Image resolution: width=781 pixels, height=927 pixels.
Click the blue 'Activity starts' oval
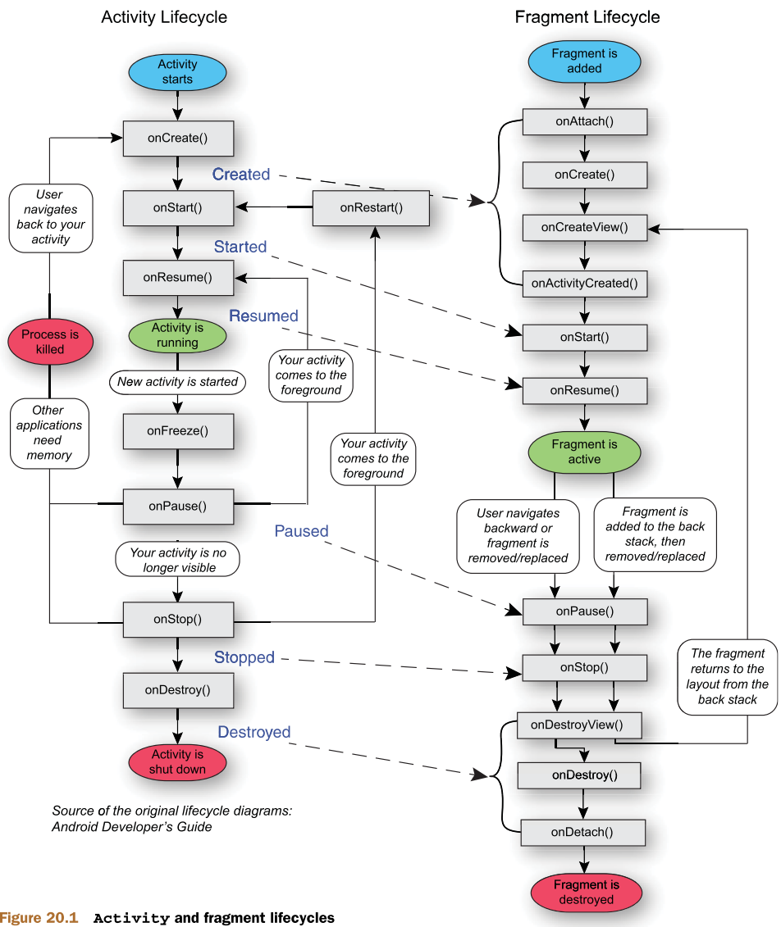coord(177,71)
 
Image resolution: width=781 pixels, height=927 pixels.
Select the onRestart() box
coord(372,207)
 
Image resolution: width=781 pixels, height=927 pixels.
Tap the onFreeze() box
coord(178,430)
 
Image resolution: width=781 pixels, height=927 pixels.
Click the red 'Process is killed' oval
coord(50,342)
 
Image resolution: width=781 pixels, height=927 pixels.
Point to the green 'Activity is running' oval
coord(177,335)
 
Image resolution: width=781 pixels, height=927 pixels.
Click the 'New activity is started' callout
coord(177,382)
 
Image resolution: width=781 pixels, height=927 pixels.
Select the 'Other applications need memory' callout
coord(49,433)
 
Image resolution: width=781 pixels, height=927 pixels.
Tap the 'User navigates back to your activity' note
coord(51,217)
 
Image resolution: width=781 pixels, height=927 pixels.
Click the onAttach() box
coord(585,121)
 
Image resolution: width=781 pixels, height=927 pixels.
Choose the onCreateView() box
coord(585,227)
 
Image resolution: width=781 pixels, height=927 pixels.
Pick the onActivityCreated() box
coord(585,284)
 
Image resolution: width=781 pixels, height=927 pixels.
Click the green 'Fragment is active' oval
coord(584,452)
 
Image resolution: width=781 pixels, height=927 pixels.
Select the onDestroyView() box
coord(578,725)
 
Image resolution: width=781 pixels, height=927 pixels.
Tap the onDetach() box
coord(582,832)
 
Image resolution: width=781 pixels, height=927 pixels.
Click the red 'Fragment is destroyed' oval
coord(586,892)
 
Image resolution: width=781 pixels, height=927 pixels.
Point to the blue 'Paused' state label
coord(301,531)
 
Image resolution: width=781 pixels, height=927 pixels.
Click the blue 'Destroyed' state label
coord(254,732)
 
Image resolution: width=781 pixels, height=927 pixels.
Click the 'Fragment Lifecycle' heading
coord(587,17)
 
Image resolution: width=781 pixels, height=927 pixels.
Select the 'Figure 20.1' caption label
coord(39,917)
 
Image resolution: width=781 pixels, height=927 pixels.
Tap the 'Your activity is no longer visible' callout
coord(179,559)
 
